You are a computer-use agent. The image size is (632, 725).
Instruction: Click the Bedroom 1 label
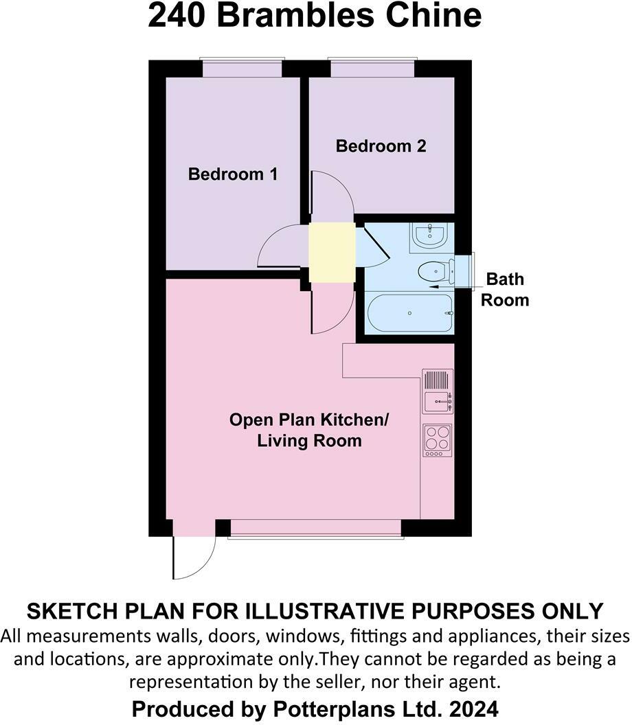(233, 174)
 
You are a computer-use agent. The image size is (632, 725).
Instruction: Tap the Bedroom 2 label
(381, 146)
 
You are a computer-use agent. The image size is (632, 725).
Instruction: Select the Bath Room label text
(505, 289)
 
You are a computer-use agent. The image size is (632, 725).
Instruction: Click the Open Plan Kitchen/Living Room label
(309, 430)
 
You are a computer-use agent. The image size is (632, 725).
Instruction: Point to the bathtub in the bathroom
(410, 313)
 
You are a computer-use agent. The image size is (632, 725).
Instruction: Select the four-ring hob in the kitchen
(438, 440)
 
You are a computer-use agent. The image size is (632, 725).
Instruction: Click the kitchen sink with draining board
(438, 391)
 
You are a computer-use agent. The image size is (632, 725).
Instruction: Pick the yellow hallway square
(332, 252)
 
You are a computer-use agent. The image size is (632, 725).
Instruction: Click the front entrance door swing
(193, 556)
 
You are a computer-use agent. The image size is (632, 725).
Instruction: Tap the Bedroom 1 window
(241, 69)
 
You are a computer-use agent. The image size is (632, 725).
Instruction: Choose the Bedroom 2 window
(372, 69)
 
